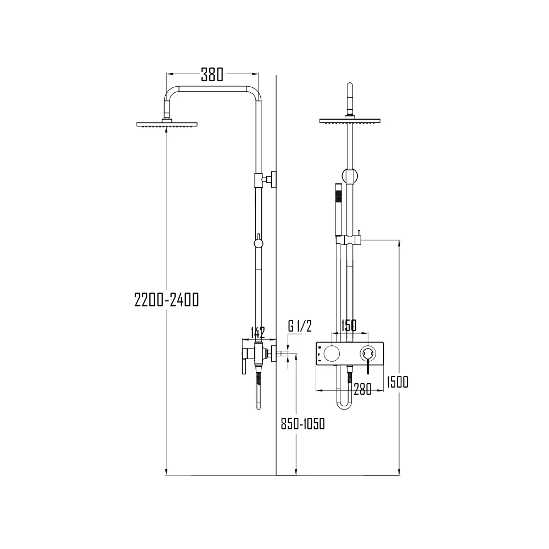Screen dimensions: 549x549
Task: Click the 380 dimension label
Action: (x=212, y=74)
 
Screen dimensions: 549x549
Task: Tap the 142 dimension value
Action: (x=257, y=333)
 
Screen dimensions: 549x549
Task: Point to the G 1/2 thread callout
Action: (x=300, y=326)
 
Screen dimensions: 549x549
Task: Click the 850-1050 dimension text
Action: (x=302, y=424)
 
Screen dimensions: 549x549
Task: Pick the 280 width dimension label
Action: (x=362, y=389)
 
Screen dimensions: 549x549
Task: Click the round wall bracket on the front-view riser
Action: (x=349, y=175)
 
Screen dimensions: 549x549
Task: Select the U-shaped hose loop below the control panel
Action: (x=345, y=401)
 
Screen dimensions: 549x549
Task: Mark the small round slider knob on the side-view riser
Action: (x=258, y=243)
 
